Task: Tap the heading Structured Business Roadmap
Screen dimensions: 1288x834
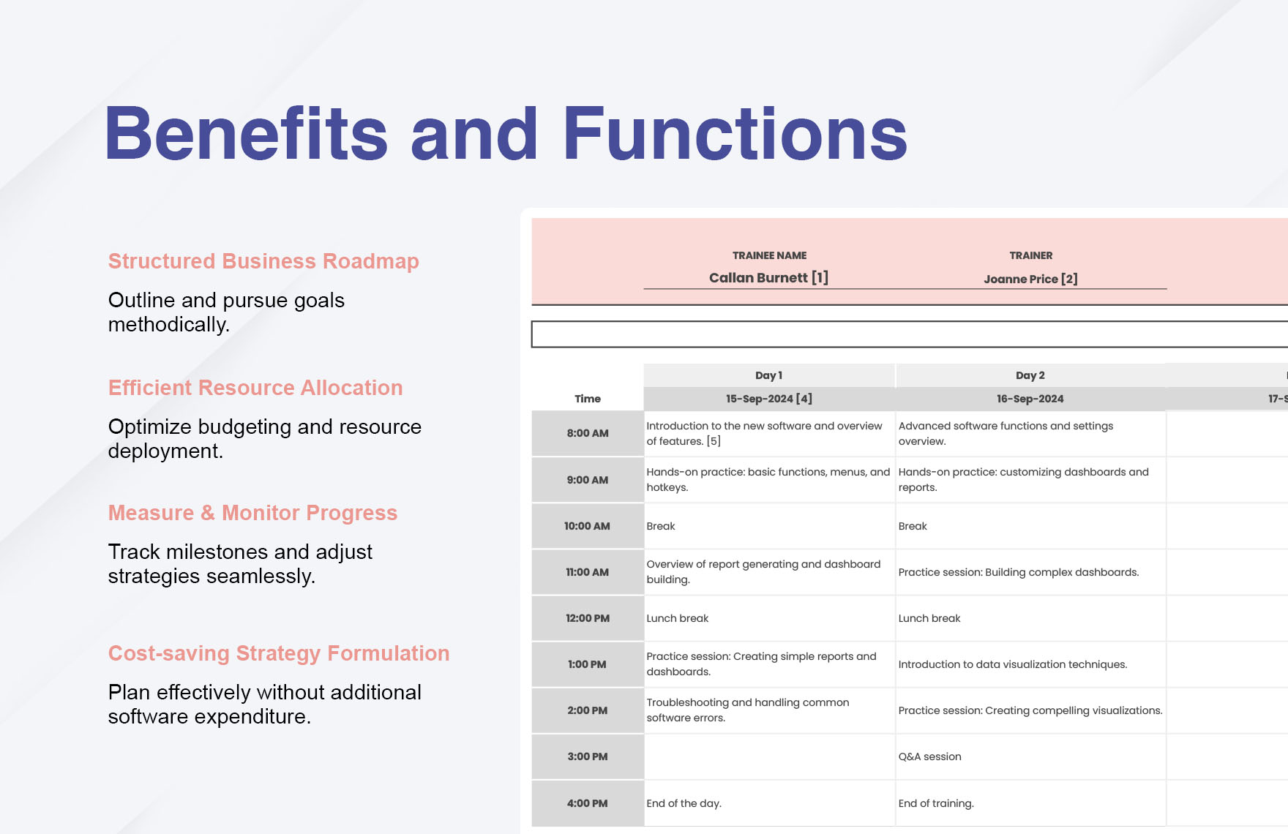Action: (263, 261)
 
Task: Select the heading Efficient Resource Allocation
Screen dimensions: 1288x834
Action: (255, 388)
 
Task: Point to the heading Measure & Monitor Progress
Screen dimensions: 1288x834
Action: (252, 513)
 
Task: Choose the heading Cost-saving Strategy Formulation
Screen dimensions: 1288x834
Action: (279, 653)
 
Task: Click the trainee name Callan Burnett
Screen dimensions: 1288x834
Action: (758, 278)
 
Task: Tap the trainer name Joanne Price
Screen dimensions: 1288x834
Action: (1021, 279)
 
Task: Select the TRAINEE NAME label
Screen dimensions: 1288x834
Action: (769, 255)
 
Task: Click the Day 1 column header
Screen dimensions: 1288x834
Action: (768, 375)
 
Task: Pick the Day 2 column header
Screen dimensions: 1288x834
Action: (1030, 375)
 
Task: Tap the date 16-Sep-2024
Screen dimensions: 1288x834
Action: (1030, 399)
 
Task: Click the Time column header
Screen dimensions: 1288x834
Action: (588, 399)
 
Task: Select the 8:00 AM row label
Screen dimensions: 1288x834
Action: (588, 433)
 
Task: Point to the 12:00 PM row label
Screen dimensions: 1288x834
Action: (588, 618)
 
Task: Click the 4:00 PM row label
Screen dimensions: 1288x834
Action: (588, 803)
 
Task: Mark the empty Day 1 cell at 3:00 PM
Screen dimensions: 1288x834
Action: (769, 756)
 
